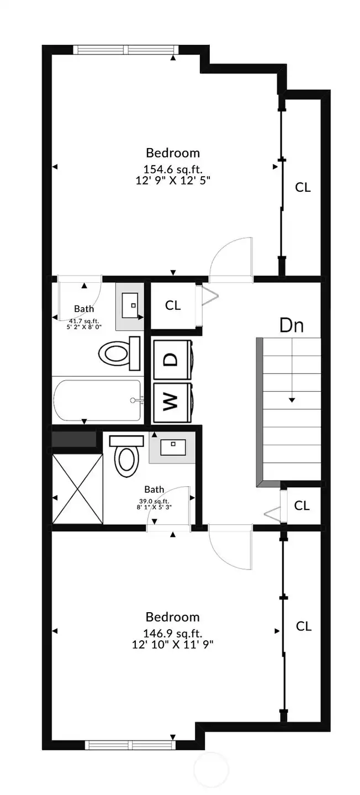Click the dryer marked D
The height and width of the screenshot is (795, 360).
172,359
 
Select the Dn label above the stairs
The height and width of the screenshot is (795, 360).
292,325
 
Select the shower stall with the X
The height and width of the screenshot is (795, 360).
77,488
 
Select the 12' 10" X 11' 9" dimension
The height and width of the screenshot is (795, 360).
172,644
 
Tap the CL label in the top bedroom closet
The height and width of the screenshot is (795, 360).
303,187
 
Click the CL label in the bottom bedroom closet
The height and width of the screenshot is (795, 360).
303,626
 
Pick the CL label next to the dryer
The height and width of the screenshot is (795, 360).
173,305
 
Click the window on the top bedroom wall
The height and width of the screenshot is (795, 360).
128,50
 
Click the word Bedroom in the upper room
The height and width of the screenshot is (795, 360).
173,152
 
